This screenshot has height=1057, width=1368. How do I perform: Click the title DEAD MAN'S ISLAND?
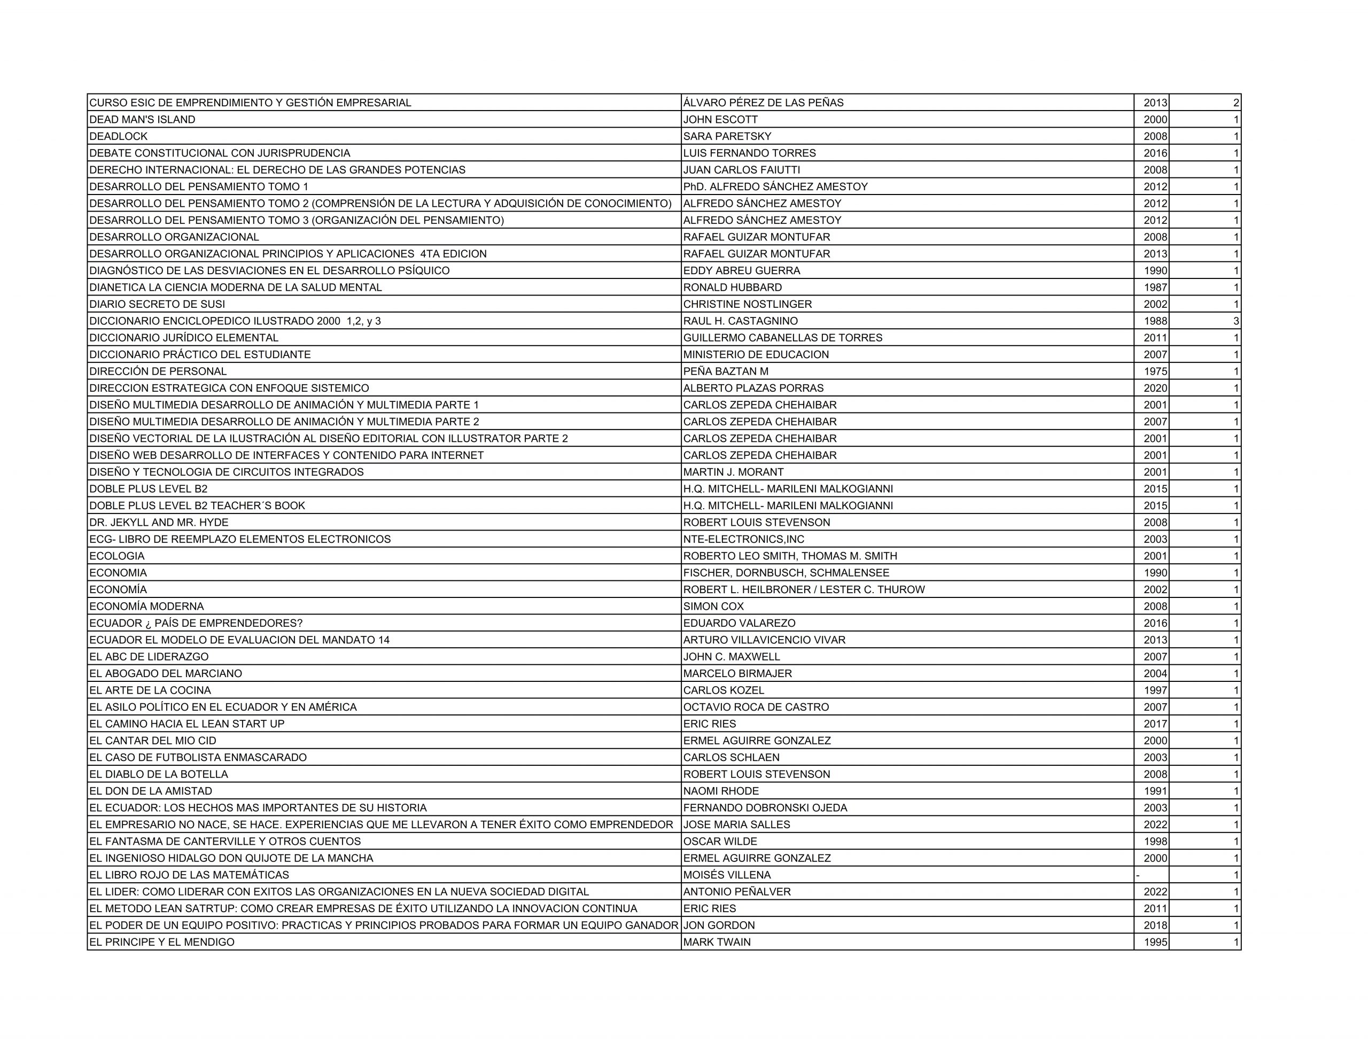(142, 120)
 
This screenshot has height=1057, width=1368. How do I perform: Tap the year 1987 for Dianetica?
(1155, 287)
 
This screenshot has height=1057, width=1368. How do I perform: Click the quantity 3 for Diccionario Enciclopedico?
(1236, 321)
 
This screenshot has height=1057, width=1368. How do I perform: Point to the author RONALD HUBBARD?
(732, 287)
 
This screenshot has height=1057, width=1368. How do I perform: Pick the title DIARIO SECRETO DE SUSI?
(157, 305)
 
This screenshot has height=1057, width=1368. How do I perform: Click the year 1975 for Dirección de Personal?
(1155, 371)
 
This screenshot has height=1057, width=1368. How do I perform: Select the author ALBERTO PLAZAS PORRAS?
(753, 388)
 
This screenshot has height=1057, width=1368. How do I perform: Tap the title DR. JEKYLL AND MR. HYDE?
(159, 523)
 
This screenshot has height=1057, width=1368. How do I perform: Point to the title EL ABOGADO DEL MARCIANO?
(165, 673)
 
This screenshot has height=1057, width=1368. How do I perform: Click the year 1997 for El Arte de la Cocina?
(1155, 690)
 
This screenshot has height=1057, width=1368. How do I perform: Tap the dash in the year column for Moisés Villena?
(1138, 875)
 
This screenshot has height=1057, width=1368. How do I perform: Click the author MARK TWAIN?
(717, 942)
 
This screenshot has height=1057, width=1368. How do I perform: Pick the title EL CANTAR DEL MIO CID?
(152, 741)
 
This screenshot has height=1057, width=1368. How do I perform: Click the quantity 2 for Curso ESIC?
(1236, 103)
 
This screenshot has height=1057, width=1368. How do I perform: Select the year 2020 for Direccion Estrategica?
(1155, 388)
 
